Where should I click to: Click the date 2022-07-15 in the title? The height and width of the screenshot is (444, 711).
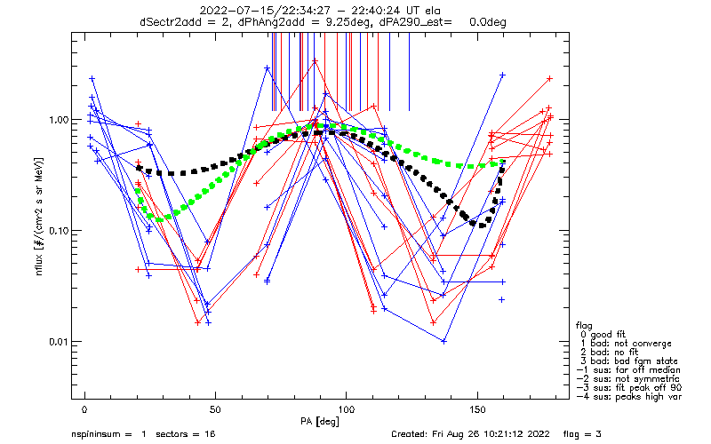[230, 11]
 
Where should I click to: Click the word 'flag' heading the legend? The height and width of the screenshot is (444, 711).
[584, 324]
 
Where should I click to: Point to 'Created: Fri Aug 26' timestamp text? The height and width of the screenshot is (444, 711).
[442, 435]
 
